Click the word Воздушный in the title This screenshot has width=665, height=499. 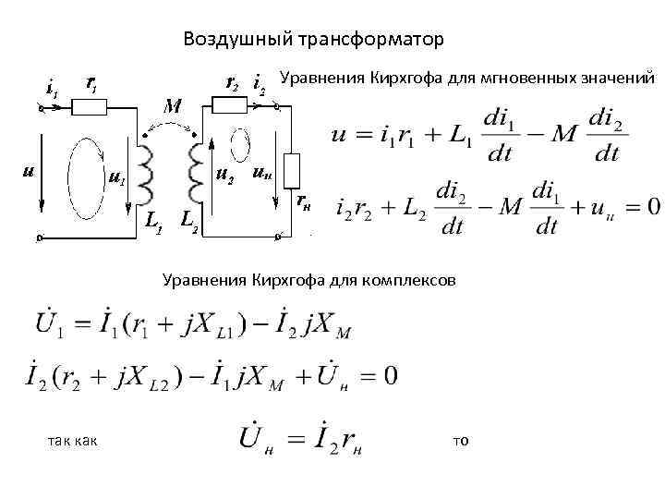pos(234,40)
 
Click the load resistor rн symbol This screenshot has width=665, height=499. pos(291,171)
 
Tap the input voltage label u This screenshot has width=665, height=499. pos(29,172)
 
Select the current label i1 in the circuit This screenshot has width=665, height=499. pos(52,90)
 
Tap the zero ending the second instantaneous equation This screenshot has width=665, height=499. pos(652,205)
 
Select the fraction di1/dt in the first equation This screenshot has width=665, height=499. pos(500,136)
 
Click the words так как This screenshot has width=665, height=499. pos(71,440)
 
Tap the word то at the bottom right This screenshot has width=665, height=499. pos(461,440)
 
